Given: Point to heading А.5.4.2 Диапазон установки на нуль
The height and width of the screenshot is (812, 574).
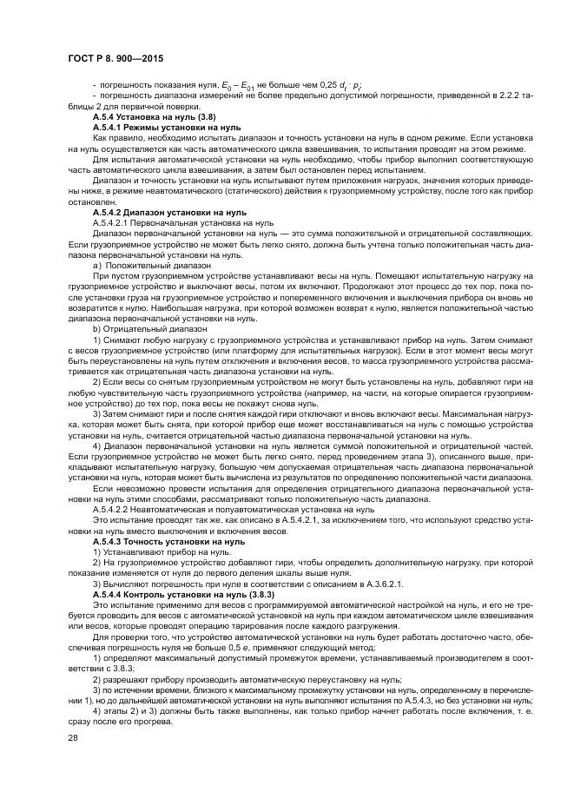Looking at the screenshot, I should tap(170, 212).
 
